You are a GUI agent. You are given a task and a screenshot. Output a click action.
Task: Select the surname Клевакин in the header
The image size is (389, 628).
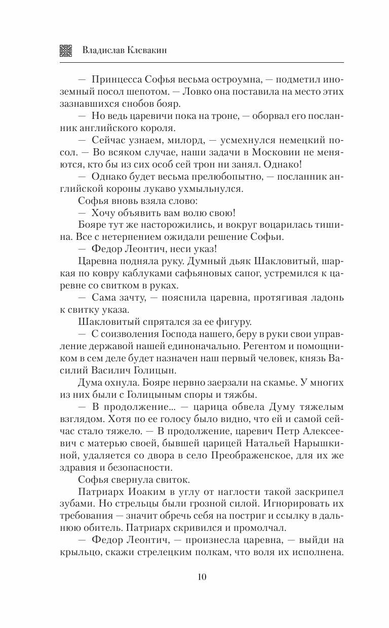(147, 50)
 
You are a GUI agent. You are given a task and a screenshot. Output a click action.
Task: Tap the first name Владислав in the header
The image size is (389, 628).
(103, 50)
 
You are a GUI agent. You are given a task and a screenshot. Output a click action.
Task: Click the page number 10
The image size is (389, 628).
(202, 576)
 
